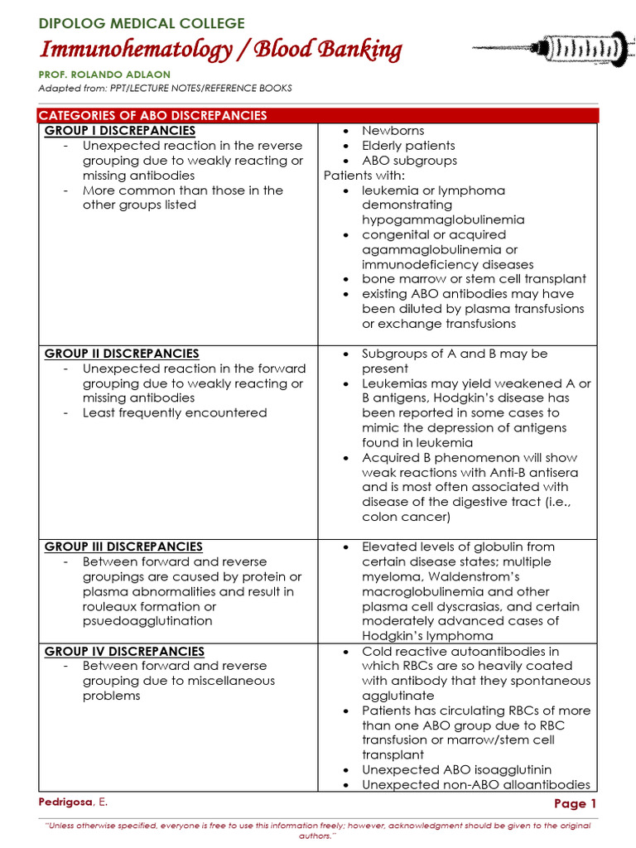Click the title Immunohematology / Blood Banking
coord(220,51)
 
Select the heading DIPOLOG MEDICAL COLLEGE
coord(142,23)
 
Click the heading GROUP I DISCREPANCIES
coord(120,131)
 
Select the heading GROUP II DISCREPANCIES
coord(122,354)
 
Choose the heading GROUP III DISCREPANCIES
coord(123,547)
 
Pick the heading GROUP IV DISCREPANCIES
coord(124,652)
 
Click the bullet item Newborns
coord(393,131)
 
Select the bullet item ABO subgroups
coord(409,161)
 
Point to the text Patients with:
coord(364,176)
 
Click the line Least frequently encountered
coord(174,413)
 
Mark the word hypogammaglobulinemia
coord(443,220)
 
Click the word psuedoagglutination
coord(148,621)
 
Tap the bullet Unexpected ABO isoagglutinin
coord(456,770)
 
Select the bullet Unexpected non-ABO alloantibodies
coord(475,785)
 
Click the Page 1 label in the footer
coord(575,804)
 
